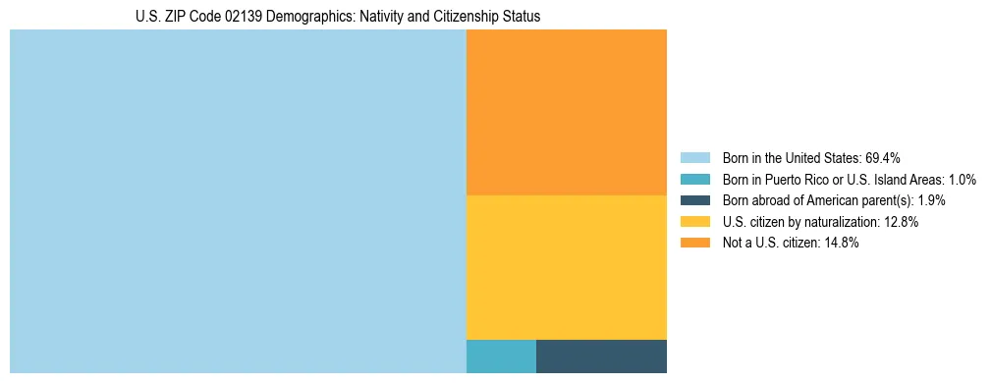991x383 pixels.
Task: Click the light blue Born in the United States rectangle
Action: tap(238, 201)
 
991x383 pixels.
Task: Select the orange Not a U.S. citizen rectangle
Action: tap(567, 112)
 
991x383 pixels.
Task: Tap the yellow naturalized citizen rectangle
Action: tap(567, 267)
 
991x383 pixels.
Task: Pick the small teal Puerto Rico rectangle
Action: tap(501, 356)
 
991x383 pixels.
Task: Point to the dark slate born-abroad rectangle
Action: tap(601, 356)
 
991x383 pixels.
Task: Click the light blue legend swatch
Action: tap(694, 157)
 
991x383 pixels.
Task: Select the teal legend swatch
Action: tap(694, 179)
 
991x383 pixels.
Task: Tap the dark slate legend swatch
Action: tap(694, 200)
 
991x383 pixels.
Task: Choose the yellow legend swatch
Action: tap(694, 222)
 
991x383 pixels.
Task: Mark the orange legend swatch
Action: tap(694, 244)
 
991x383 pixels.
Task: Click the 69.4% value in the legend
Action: tap(883, 157)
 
